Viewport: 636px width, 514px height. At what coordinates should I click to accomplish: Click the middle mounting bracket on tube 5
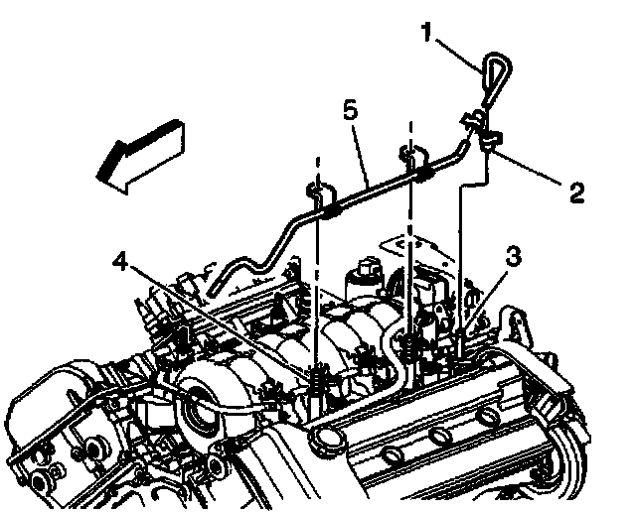pyautogui.click(x=411, y=163)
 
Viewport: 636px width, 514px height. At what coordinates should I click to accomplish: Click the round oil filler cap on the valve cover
pyautogui.click(x=322, y=438)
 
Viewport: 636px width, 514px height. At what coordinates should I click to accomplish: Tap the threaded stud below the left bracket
pyautogui.click(x=316, y=382)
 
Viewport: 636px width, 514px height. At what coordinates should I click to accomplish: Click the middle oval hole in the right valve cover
pyautogui.click(x=438, y=434)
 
